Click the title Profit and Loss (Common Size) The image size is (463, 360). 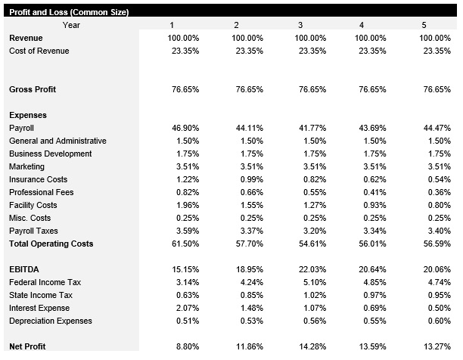click(x=68, y=12)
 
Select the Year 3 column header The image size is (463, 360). click(x=301, y=25)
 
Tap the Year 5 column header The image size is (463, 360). click(x=424, y=25)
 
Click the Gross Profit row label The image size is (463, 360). click(x=33, y=89)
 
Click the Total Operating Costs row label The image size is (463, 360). click(x=51, y=244)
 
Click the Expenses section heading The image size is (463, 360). click(x=28, y=115)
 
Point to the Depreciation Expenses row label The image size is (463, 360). click(x=51, y=321)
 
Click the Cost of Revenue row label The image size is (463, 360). click(x=39, y=51)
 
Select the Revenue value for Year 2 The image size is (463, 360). click(x=247, y=38)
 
